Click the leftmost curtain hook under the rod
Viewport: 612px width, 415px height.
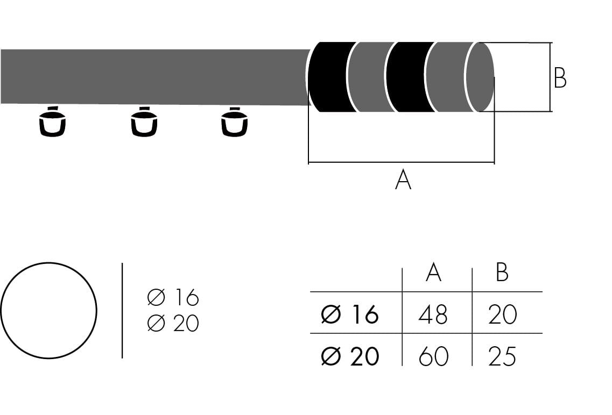pos(52,123)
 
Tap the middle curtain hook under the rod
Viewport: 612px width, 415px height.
pos(144,123)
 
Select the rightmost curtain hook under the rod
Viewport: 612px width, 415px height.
pos(234,123)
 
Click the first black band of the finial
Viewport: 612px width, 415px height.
pos(329,76)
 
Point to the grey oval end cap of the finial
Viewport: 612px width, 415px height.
pos(479,76)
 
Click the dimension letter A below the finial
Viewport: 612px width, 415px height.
pos(403,180)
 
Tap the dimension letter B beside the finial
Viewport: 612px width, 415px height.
pos(560,78)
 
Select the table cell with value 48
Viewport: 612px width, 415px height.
pos(433,314)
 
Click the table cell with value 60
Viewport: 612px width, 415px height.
pos(433,356)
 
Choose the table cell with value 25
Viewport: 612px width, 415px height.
pos(502,356)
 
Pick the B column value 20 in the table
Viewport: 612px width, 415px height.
pos(502,314)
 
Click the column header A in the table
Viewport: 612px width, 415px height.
pos(433,273)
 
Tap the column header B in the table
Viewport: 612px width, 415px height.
pos(502,273)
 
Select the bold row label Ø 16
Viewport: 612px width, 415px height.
pos(350,314)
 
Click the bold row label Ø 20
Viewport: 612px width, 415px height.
pos(350,356)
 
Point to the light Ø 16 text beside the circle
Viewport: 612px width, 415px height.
pos(173,297)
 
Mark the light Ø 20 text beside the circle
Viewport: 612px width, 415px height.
pos(173,324)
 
